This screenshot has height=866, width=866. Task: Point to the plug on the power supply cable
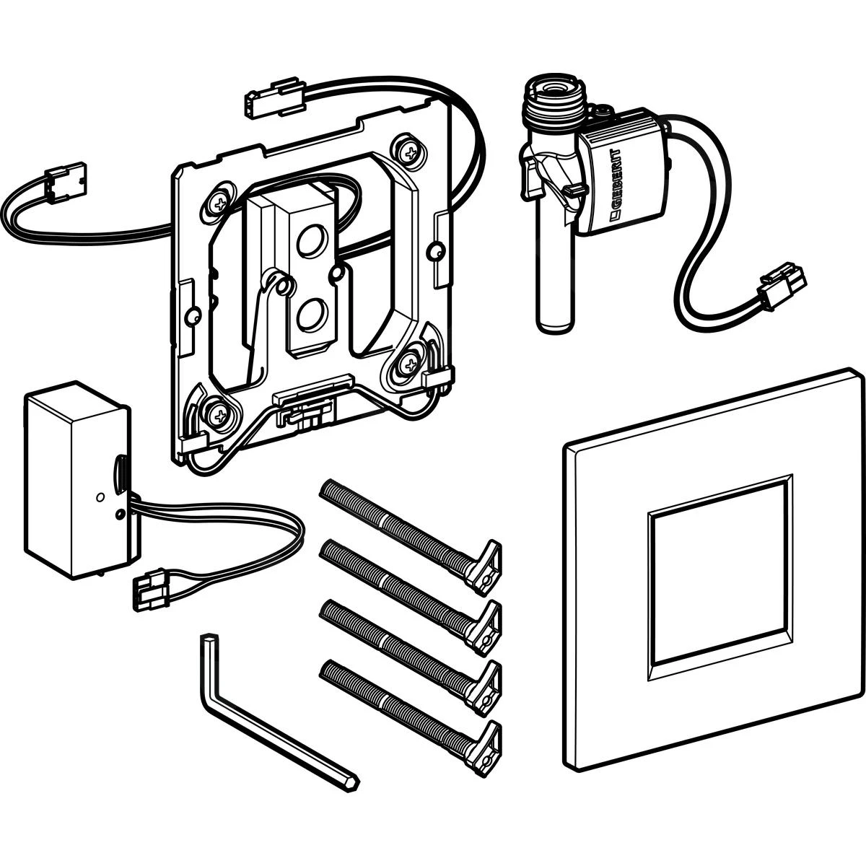153,592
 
